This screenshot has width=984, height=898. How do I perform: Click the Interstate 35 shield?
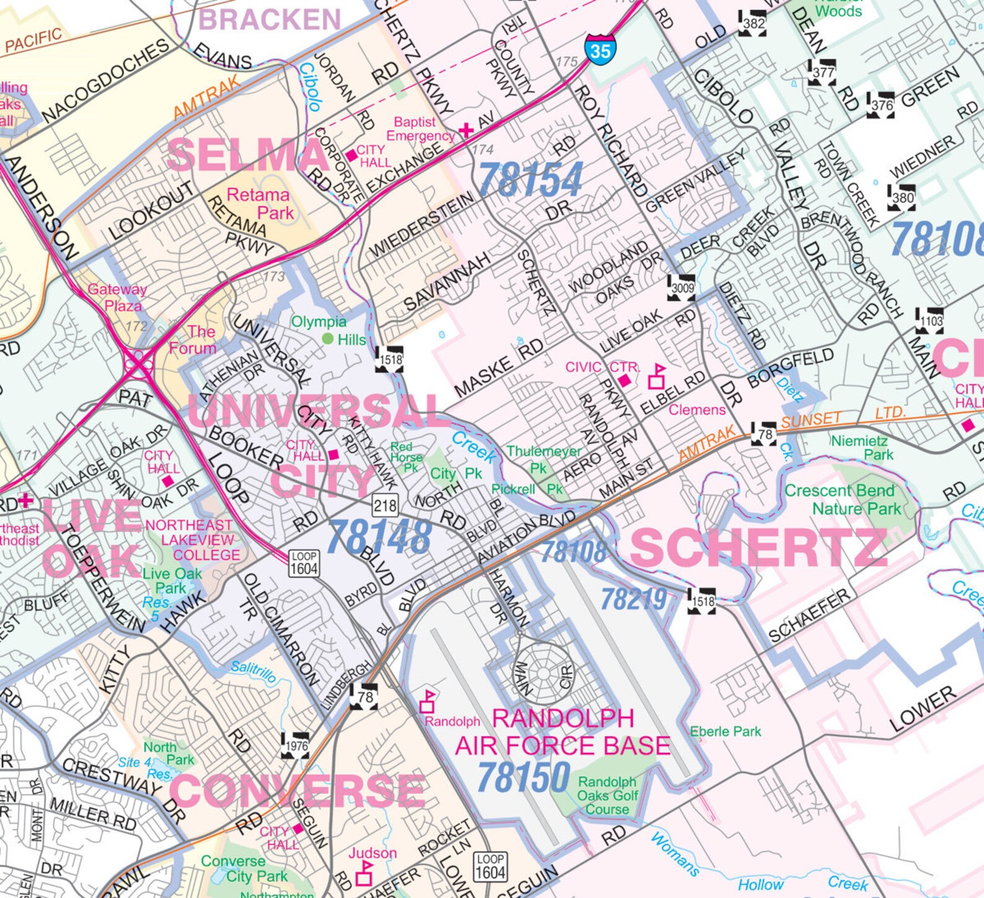pyautogui.click(x=600, y=50)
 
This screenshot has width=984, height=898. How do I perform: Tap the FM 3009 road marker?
pyautogui.click(x=682, y=288)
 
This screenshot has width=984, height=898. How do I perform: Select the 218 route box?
pyautogui.click(x=385, y=505)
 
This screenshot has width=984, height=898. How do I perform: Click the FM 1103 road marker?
pyautogui.click(x=931, y=321)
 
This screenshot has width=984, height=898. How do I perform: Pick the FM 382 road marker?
pyautogui.click(x=753, y=24)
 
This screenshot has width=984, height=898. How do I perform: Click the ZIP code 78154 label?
pyautogui.click(x=530, y=180)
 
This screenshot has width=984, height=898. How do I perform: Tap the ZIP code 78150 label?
pyautogui.click(x=524, y=776)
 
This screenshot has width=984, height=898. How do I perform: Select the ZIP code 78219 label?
pyautogui.click(x=634, y=599)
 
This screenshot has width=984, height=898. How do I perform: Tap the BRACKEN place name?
pyautogui.click(x=270, y=20)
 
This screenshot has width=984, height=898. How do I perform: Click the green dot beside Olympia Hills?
pyautogui.click(x=327, y=339)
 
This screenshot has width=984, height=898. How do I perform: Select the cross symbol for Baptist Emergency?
pyautogui.click(x=466, y=130)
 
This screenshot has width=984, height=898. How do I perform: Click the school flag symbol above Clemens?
pyautogui.click(x=657, y=377)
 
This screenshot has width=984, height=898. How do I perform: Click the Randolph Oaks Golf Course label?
pyautogui.click(x=607, y=796)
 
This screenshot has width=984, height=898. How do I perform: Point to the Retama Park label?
pyautogui.click(x=259, y=203)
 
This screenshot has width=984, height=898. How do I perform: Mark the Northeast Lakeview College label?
pyautogui.click(x=190, y=540)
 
